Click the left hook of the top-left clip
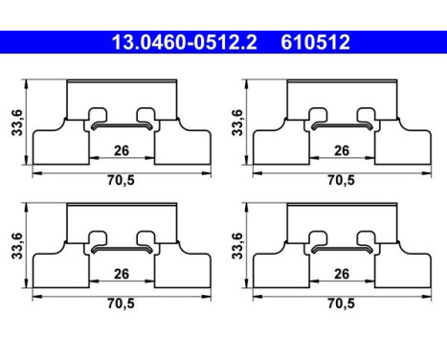click(96, 117)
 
